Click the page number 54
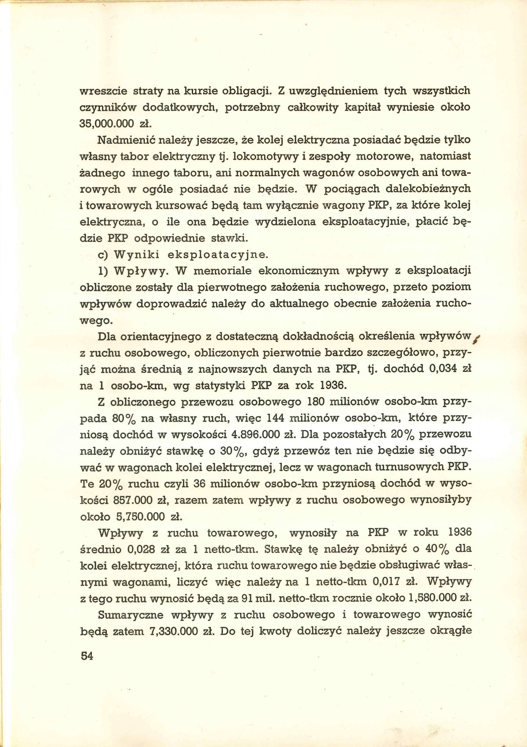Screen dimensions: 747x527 pyautogui.click(x=87, y=656)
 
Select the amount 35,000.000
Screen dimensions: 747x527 pyautogui.click(x=106, y=123)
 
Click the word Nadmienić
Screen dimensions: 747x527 pyautogui.click(x=120, y=140)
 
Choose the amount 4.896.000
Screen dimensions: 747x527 pyautogui.click(x=255, y=435)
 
